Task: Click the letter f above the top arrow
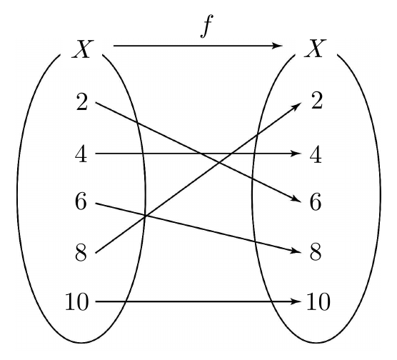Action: pyautogui.click(x=206, y=26)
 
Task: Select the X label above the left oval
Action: pyautogui.click(x=83, y=49)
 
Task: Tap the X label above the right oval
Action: pyautogui.click(x=316, y=49)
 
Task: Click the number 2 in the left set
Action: pyautogui.click(x=82, y=101)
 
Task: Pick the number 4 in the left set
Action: pyautogui.click(x=81, y=154)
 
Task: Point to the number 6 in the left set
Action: pyautogui.click(x=81, y=201)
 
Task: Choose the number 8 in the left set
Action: pyautogui.click(x=81, y=252)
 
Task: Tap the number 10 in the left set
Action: pyautogui.click(x=77, y=301)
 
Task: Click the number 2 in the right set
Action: pyautogui.click(x=317, y=101)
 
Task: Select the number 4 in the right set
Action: pyautogui.click(x=316, y=154)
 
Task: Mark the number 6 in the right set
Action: pyautogui.click(x=316, y=201)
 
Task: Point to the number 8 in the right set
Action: pyautogui.click(x=316, y=252)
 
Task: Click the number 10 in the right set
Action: pyautogui.click(x=318, y=301)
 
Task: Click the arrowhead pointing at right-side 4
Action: pyautogui.click(x=296, y=154)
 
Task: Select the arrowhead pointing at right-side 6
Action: pyautogui.click(x=296, y=199)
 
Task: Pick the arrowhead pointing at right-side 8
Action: pyautogui.click(x=296, y=251)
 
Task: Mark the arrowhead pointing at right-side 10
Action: pyautogui.click(x=296, y=301)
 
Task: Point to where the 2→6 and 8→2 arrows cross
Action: pyautogui.click(x=218, y=161)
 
